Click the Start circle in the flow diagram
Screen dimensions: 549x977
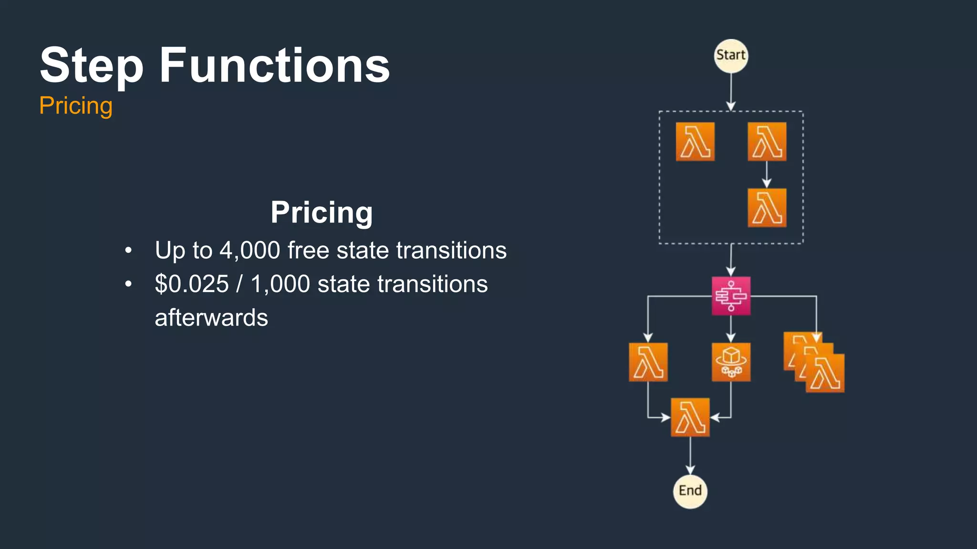click(x=731, y=56)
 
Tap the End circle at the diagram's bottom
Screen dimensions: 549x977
click(x=690, y=491)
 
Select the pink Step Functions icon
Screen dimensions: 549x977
click(x=731, y=296)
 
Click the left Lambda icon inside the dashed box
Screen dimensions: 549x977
click(x=695, y=142)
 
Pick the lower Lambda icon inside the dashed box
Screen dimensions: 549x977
click(x=767, y=208)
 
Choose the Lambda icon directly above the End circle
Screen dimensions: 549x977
click(x=690, y=417)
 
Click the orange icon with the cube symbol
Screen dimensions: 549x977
click(x=731, y=362)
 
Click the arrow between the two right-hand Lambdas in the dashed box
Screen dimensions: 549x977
click(x=767, y=175)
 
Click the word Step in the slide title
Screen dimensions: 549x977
click(x=91, y=66)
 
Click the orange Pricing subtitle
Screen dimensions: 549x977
click(x=76, y=105)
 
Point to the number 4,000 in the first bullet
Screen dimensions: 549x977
click(x=249, y=250)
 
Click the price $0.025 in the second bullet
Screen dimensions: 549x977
click(x=192, y=284)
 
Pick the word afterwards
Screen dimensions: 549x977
click(x=211, y=318)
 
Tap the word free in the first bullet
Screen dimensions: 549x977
click(x=308, y=250)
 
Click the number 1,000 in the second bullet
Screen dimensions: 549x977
click(x=280, y=284)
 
